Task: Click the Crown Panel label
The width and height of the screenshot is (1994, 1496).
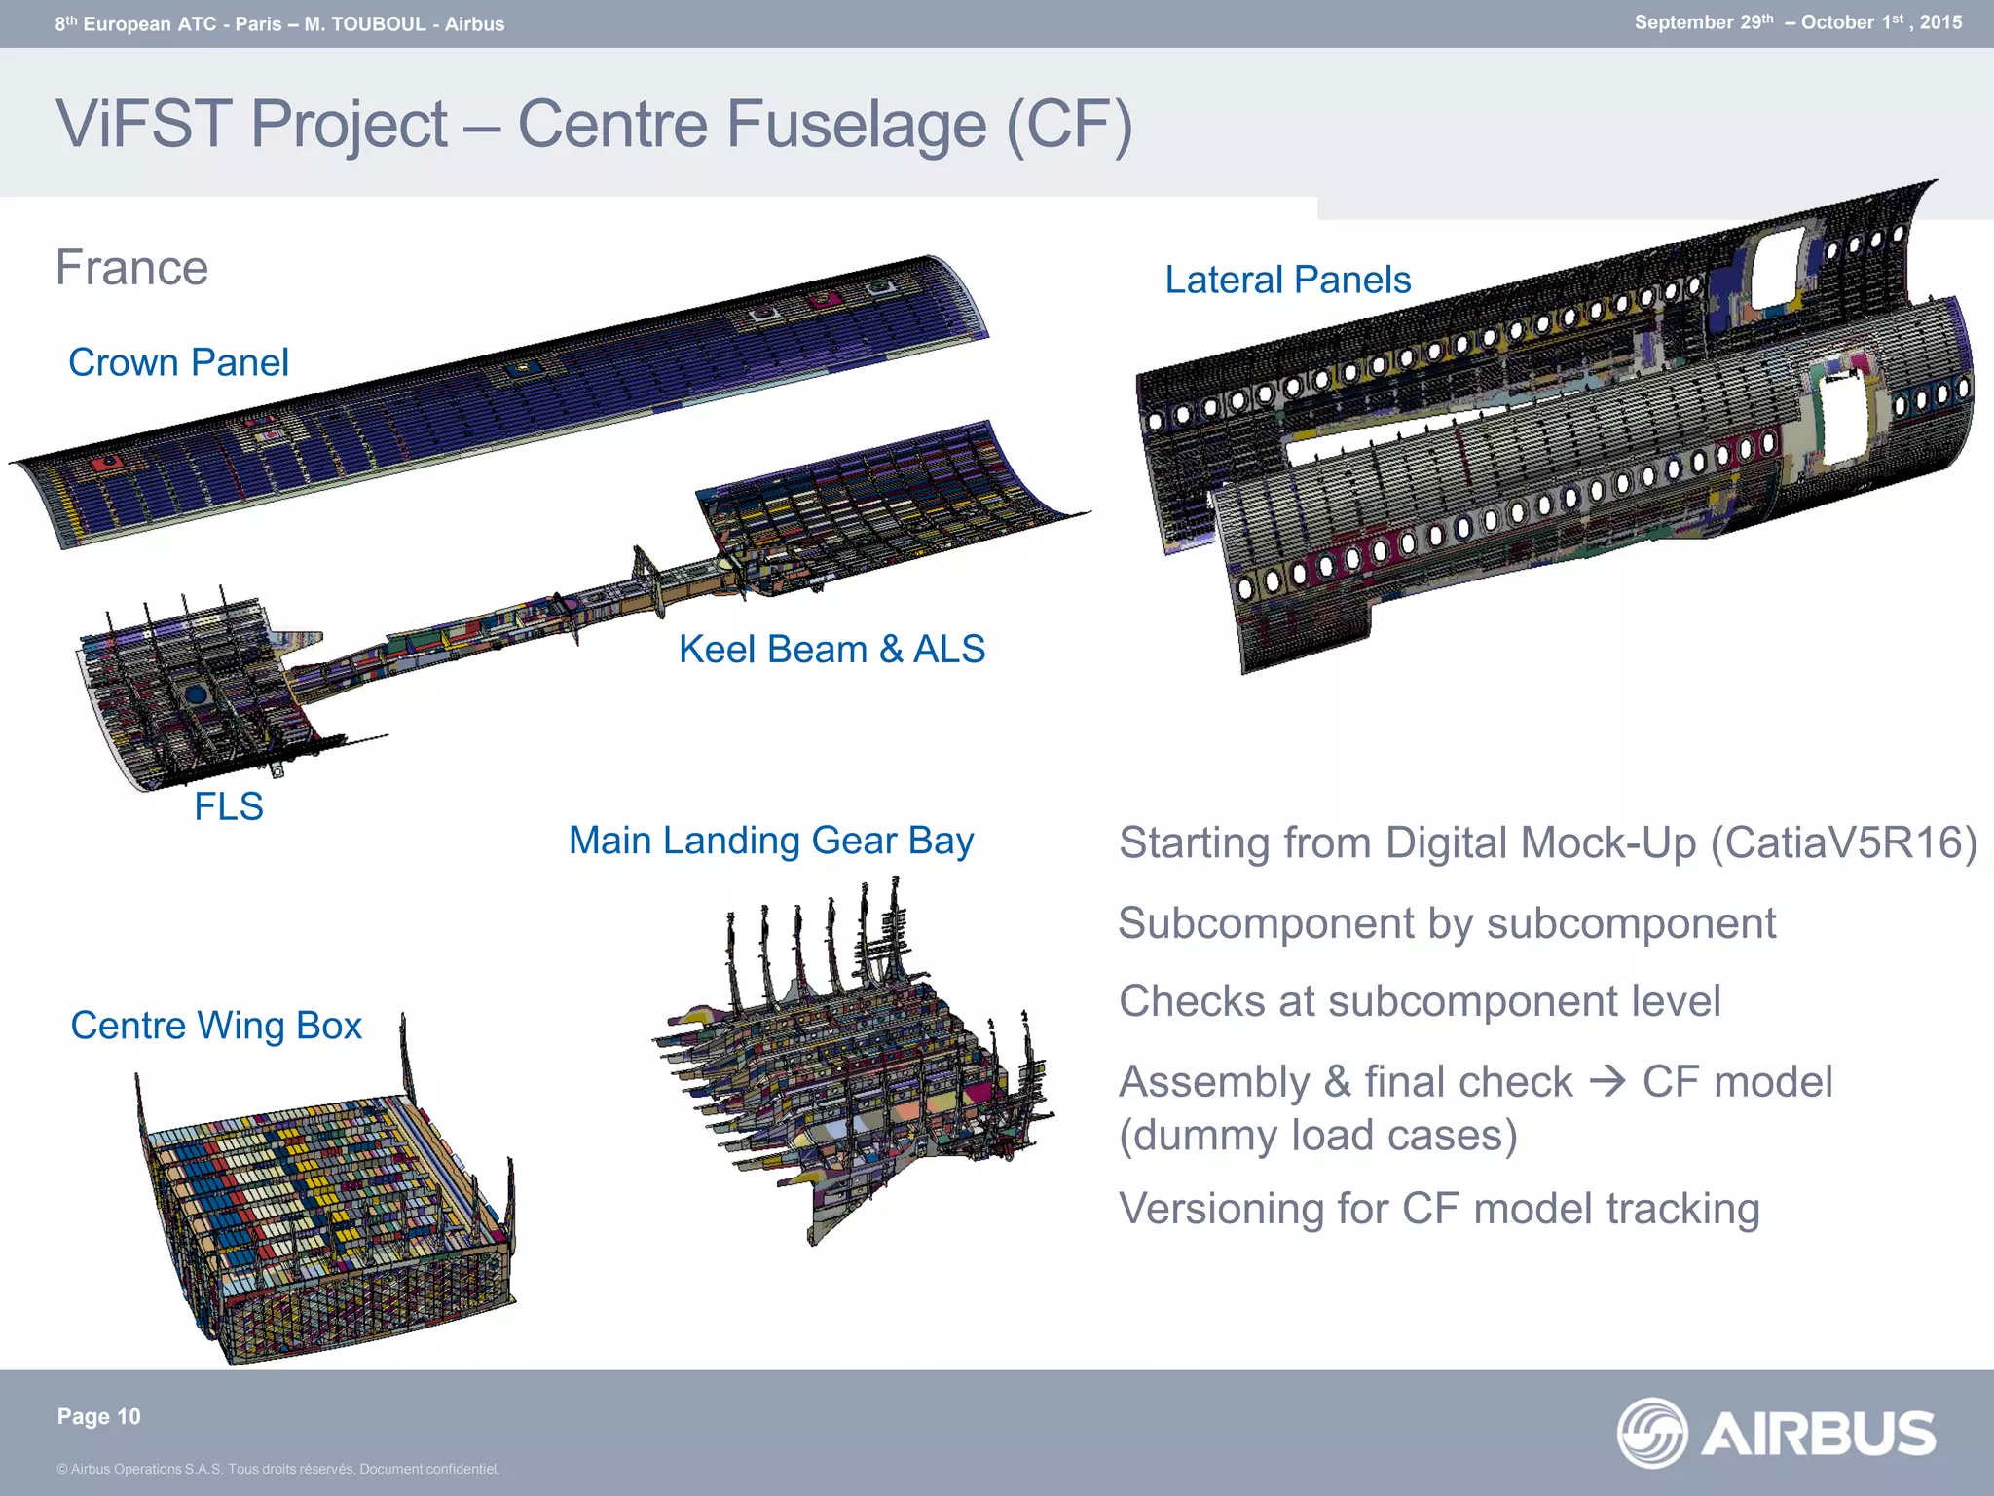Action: [x=178, y=362]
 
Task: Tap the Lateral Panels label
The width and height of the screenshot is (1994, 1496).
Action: [x=1287, y=280]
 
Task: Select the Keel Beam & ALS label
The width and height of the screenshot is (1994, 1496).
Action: [x=831, y=649]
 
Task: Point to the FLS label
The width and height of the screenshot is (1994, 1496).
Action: [x=229, y=806]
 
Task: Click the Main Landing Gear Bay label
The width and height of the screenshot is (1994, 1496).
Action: [x=770, y=840]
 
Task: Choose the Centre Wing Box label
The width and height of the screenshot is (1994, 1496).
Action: [x=216, y=1026]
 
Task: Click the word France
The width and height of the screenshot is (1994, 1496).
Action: [x=131, y=268]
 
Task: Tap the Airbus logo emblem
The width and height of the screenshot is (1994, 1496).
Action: [x=1651, y=1433]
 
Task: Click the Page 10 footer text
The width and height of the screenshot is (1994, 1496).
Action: [x=99, y=1416]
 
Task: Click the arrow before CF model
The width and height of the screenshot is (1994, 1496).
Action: [x=1607, y=1081]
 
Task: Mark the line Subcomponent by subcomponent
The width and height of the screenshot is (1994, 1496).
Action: [x=1447, y=923]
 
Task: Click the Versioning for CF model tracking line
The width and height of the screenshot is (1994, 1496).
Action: [x=1439, y=1209]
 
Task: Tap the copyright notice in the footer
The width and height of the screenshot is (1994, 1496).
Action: [x=277, y=1469]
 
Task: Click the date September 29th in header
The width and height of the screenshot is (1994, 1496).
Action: [x=1704, y=22]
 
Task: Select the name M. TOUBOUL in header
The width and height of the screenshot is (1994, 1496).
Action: [x=365, y=24]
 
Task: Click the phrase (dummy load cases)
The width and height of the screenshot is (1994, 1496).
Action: [x=1318, y=1136]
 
